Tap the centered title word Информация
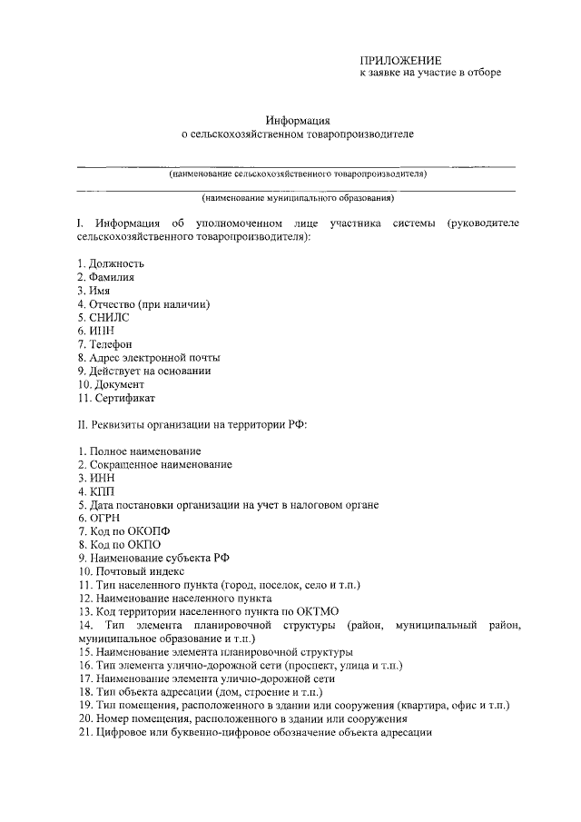297,120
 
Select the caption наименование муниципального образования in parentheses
298,197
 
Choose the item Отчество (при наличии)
150,303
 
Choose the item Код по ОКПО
118,545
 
